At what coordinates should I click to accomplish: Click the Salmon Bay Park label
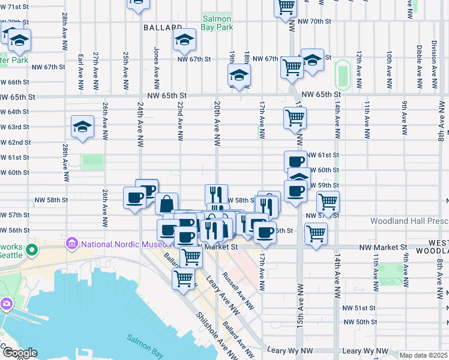click(x=217, y=23)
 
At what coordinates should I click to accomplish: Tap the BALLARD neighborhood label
click(x=163, y=28)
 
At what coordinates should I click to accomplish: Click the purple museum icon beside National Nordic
click(x=73, y=244)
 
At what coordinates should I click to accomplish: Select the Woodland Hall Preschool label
click(x=409, y=221)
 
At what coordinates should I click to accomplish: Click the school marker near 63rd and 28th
click(x=82, y=127)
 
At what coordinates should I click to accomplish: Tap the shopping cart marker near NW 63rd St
click(x=295, y=119)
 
